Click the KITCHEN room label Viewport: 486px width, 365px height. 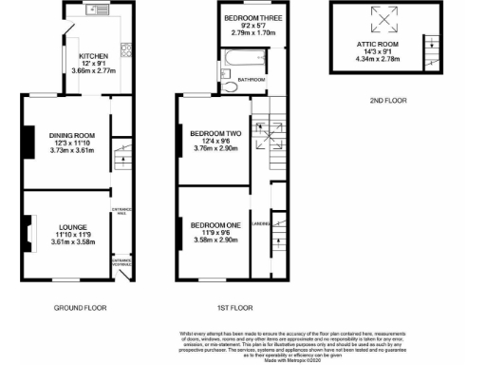pos(93,54)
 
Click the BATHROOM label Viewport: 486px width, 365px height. pos(251,79)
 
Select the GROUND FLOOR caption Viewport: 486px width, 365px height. pos(80,308)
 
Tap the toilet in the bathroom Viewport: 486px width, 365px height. pos(232,86)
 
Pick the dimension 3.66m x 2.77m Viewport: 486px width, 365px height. pos(93,70)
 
